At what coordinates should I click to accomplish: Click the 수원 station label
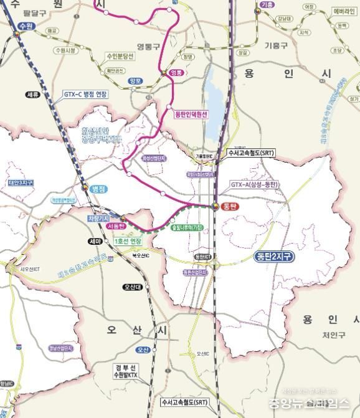point(25,26)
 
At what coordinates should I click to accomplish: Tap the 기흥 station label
point(267,4)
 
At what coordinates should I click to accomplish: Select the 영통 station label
point(178,73)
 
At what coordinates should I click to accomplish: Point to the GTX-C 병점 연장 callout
point(85,94)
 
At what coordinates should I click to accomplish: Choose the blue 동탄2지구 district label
point(275,255)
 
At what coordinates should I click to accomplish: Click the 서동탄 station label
point(116,227)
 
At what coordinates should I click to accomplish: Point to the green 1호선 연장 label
point(131,241)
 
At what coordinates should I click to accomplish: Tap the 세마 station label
point(95,241)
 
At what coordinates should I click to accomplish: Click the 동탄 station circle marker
point(216,206)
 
